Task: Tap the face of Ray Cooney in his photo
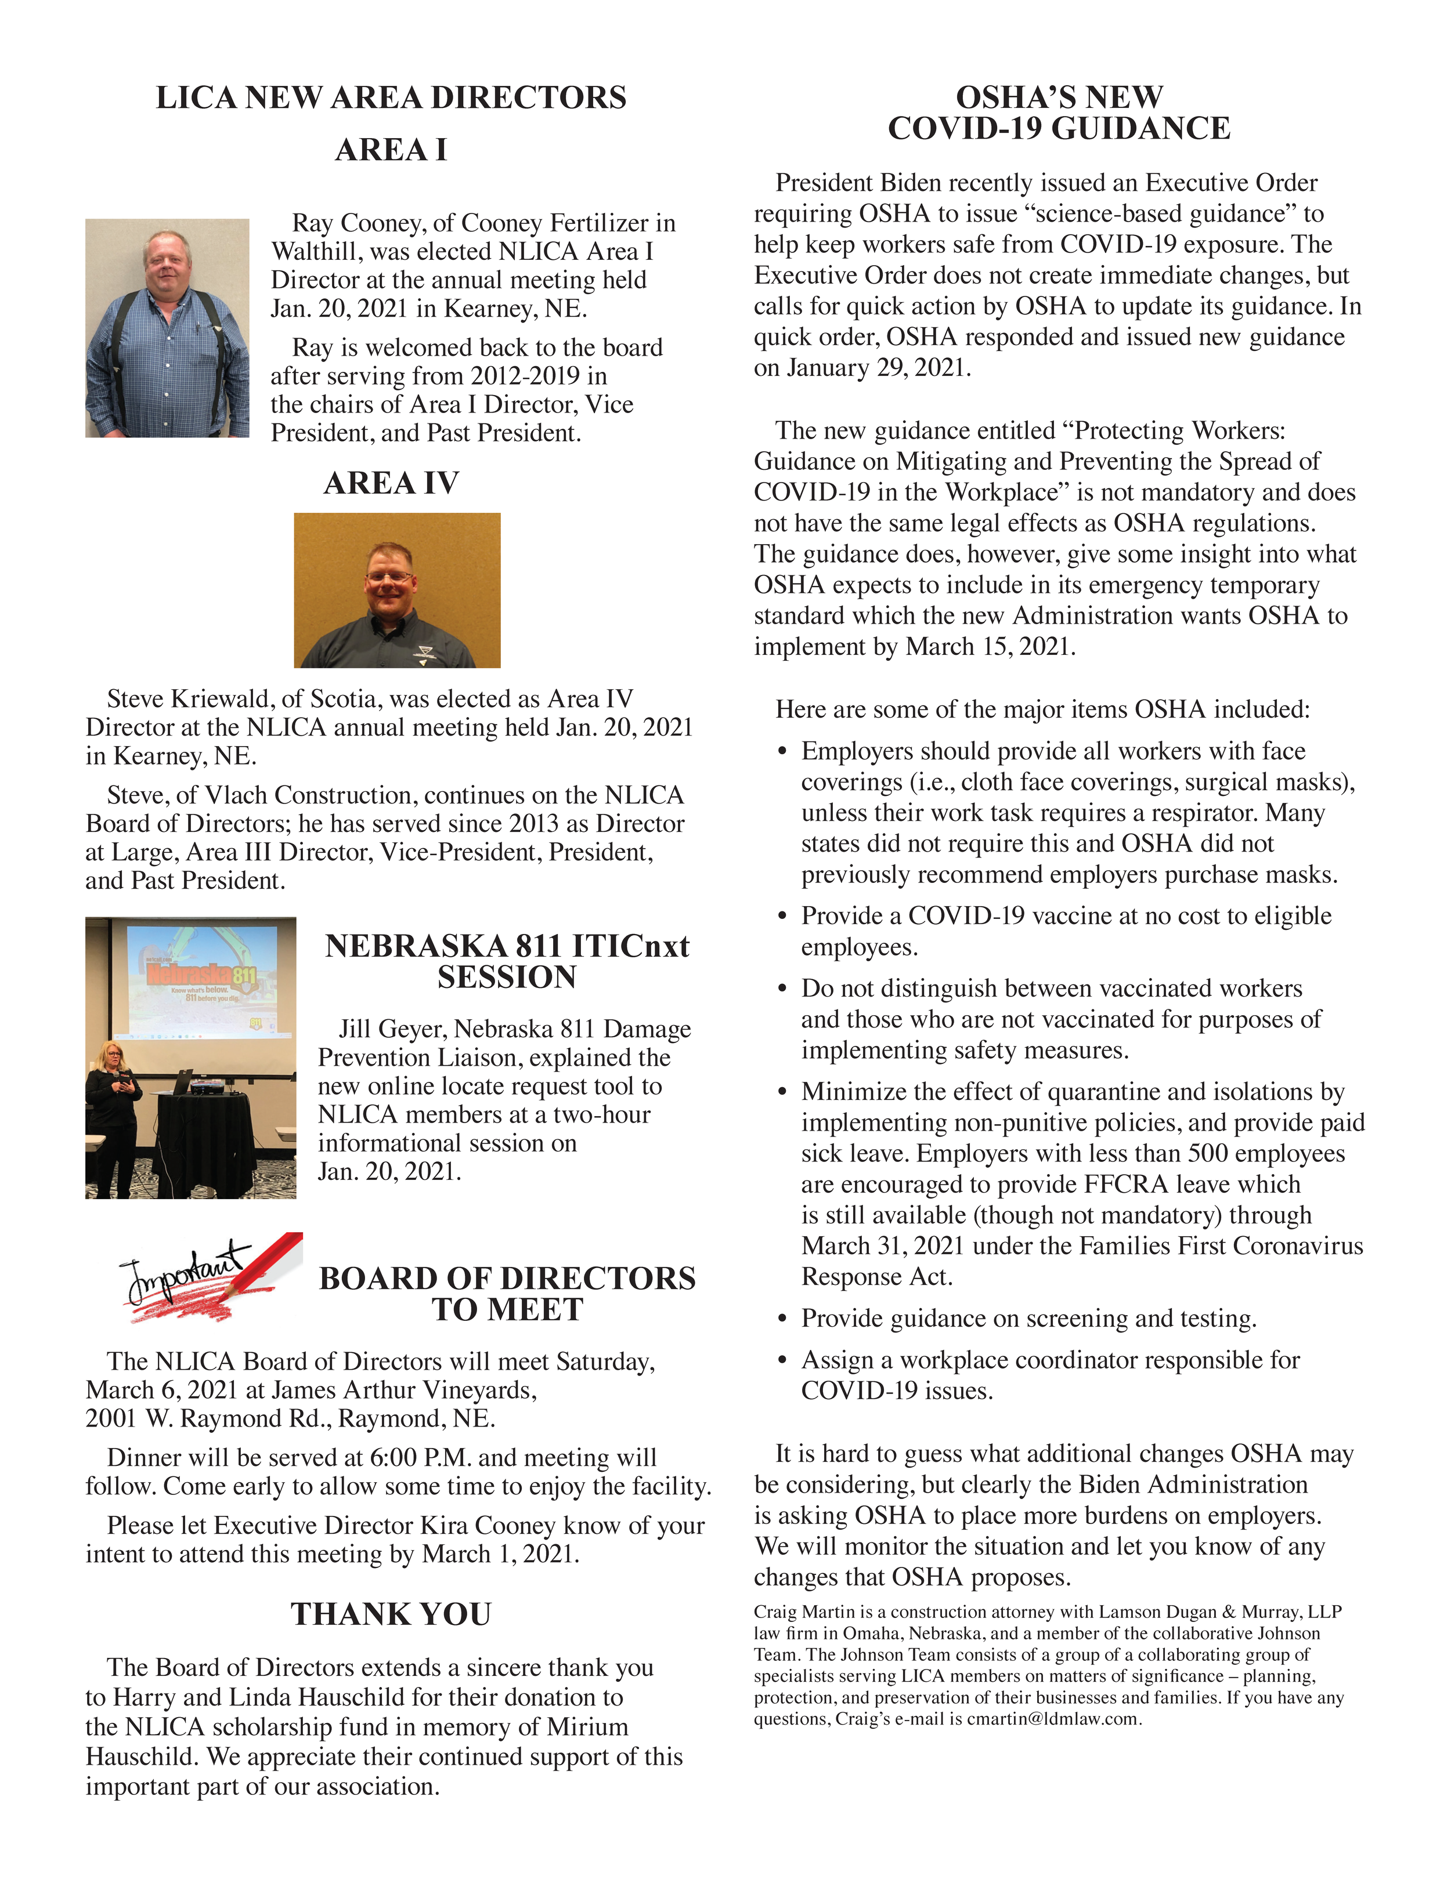point(167,262)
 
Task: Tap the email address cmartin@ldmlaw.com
point(1053,1719)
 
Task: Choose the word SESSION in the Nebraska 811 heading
point(507,977)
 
